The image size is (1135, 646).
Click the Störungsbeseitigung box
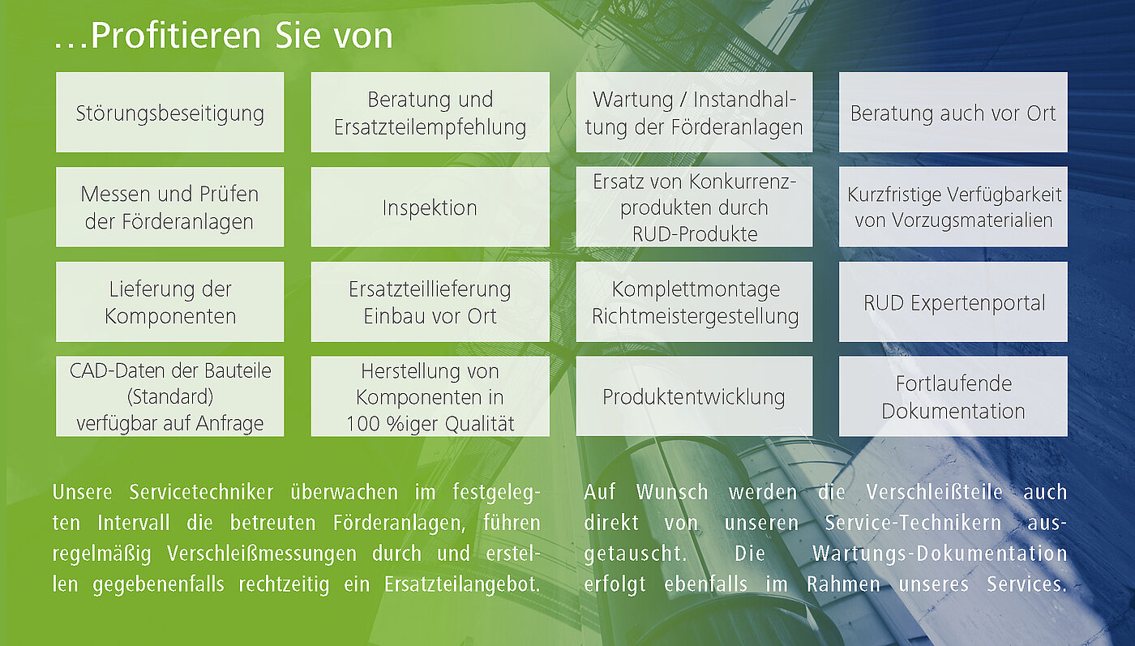(169, 112)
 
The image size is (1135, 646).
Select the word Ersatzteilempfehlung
(430, 127)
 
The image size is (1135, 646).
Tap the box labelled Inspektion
(430, 207)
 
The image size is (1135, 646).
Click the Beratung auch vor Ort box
(953, 112)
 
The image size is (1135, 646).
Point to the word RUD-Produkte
(695, 234)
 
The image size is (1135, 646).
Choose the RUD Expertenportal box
(953, 302)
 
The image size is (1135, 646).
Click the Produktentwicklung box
(694, 396)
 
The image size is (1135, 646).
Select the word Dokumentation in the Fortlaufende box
(953, 411)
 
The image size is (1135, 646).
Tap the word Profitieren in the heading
(175, 36)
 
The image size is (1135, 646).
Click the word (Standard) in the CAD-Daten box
(169, 396)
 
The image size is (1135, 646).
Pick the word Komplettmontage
(696, 289)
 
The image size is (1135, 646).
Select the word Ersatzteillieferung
(430, 289)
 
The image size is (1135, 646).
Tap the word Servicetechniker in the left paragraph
(201, 492)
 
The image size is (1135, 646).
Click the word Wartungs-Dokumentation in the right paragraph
(940, 554)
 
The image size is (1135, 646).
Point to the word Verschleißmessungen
(261, 554)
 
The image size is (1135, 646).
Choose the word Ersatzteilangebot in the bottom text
(462, 584)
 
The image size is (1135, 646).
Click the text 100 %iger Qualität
(430, 424)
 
